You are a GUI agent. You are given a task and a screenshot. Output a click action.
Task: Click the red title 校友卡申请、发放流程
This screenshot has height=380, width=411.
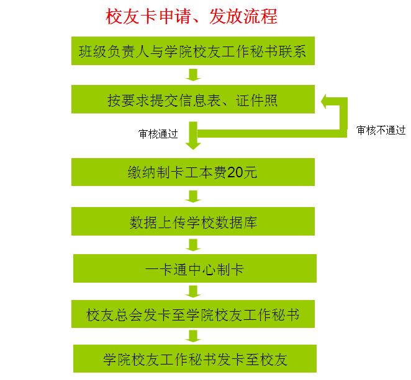[x=191, y=16]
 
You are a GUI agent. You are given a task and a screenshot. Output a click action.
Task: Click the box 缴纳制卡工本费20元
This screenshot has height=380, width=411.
[x=193, y=173]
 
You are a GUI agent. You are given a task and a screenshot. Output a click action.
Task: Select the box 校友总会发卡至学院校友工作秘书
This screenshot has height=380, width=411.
[x=193, y=316]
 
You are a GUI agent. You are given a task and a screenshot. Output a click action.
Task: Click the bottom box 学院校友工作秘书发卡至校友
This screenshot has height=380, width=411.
[x=193, y=359]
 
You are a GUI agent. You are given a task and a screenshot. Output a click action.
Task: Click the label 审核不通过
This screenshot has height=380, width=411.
[x=380, y=131]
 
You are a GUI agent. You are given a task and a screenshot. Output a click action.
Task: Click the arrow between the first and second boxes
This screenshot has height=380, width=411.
[x=194, y=75]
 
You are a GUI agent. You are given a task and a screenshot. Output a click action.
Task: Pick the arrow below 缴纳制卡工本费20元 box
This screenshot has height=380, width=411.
[x=194, y=197]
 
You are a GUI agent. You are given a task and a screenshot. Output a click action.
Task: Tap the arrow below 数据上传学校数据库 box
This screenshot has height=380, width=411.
[x=194, y=245]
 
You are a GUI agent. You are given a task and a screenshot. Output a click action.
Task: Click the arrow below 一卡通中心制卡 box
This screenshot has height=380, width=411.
[x=194, y=291]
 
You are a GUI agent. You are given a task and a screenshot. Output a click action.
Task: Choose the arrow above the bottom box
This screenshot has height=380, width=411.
[x=194, y=337]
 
